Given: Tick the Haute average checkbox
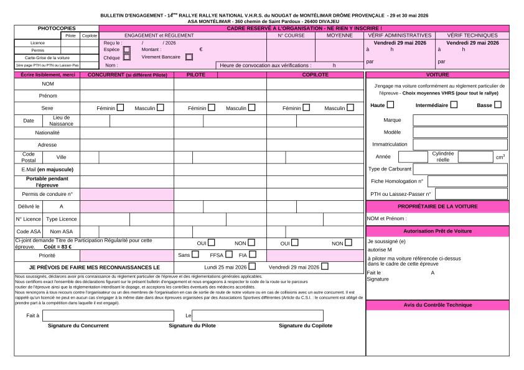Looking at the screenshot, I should coord(391,105).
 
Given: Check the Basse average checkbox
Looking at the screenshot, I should coord(498,105).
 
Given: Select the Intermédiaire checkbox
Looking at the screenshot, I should coord(454,105).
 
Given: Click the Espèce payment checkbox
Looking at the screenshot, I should coord(126,49).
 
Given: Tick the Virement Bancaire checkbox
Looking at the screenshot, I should coord(189,57).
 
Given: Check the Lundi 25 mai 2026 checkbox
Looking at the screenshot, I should coord(252,267).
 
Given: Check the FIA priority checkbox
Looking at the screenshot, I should coord(252,254).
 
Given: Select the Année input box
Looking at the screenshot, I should coord(413,157).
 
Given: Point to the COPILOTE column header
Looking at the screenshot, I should coord(315,75).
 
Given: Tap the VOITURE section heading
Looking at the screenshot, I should coord(437,75).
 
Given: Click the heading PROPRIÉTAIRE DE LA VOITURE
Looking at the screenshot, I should coord(437,206).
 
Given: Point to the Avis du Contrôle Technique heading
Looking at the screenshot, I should coord(437,305).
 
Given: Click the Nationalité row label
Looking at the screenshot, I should coord(47,132).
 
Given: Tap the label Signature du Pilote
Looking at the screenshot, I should coord(192,325).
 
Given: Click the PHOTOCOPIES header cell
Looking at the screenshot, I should coord(57,29).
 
